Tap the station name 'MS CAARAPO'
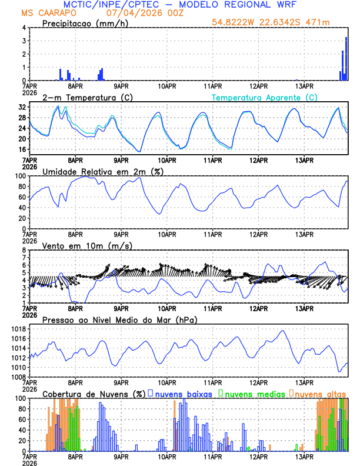44,13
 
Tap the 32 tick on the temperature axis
22,107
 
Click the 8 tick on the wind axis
25,251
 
